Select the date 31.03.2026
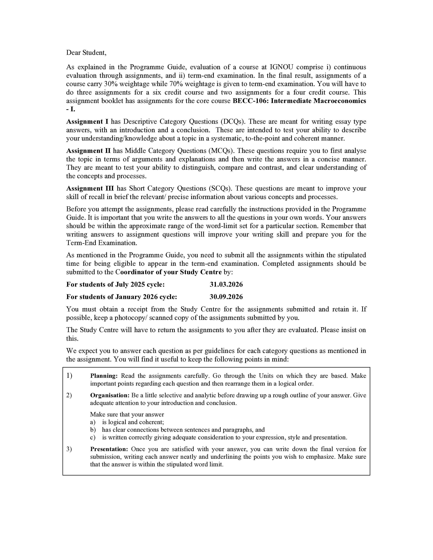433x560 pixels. coord(226,284)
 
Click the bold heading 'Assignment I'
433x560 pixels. coord(87,121)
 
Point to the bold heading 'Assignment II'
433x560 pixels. coord(88,151)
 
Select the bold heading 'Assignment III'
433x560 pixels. coord(90,189)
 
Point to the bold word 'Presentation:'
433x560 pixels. coord(109,449)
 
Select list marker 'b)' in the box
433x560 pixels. coord(93,430)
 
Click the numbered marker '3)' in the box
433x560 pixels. coord(69,449)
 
